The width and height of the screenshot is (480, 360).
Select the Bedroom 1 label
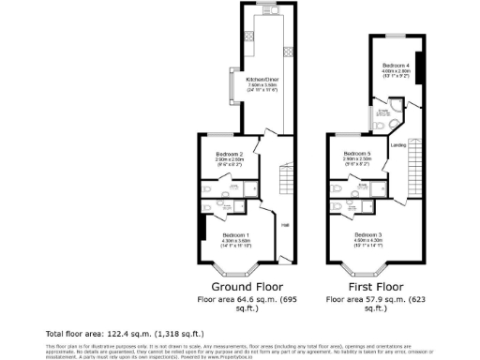coord(235,234)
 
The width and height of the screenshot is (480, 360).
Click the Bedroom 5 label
coord(357,154)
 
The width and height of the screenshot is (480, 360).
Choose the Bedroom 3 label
coord(368,233)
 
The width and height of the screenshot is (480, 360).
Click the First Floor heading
coord(368,286)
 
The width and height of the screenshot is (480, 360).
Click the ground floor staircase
coord(283,182)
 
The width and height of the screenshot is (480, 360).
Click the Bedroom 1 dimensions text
coord(235,244)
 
